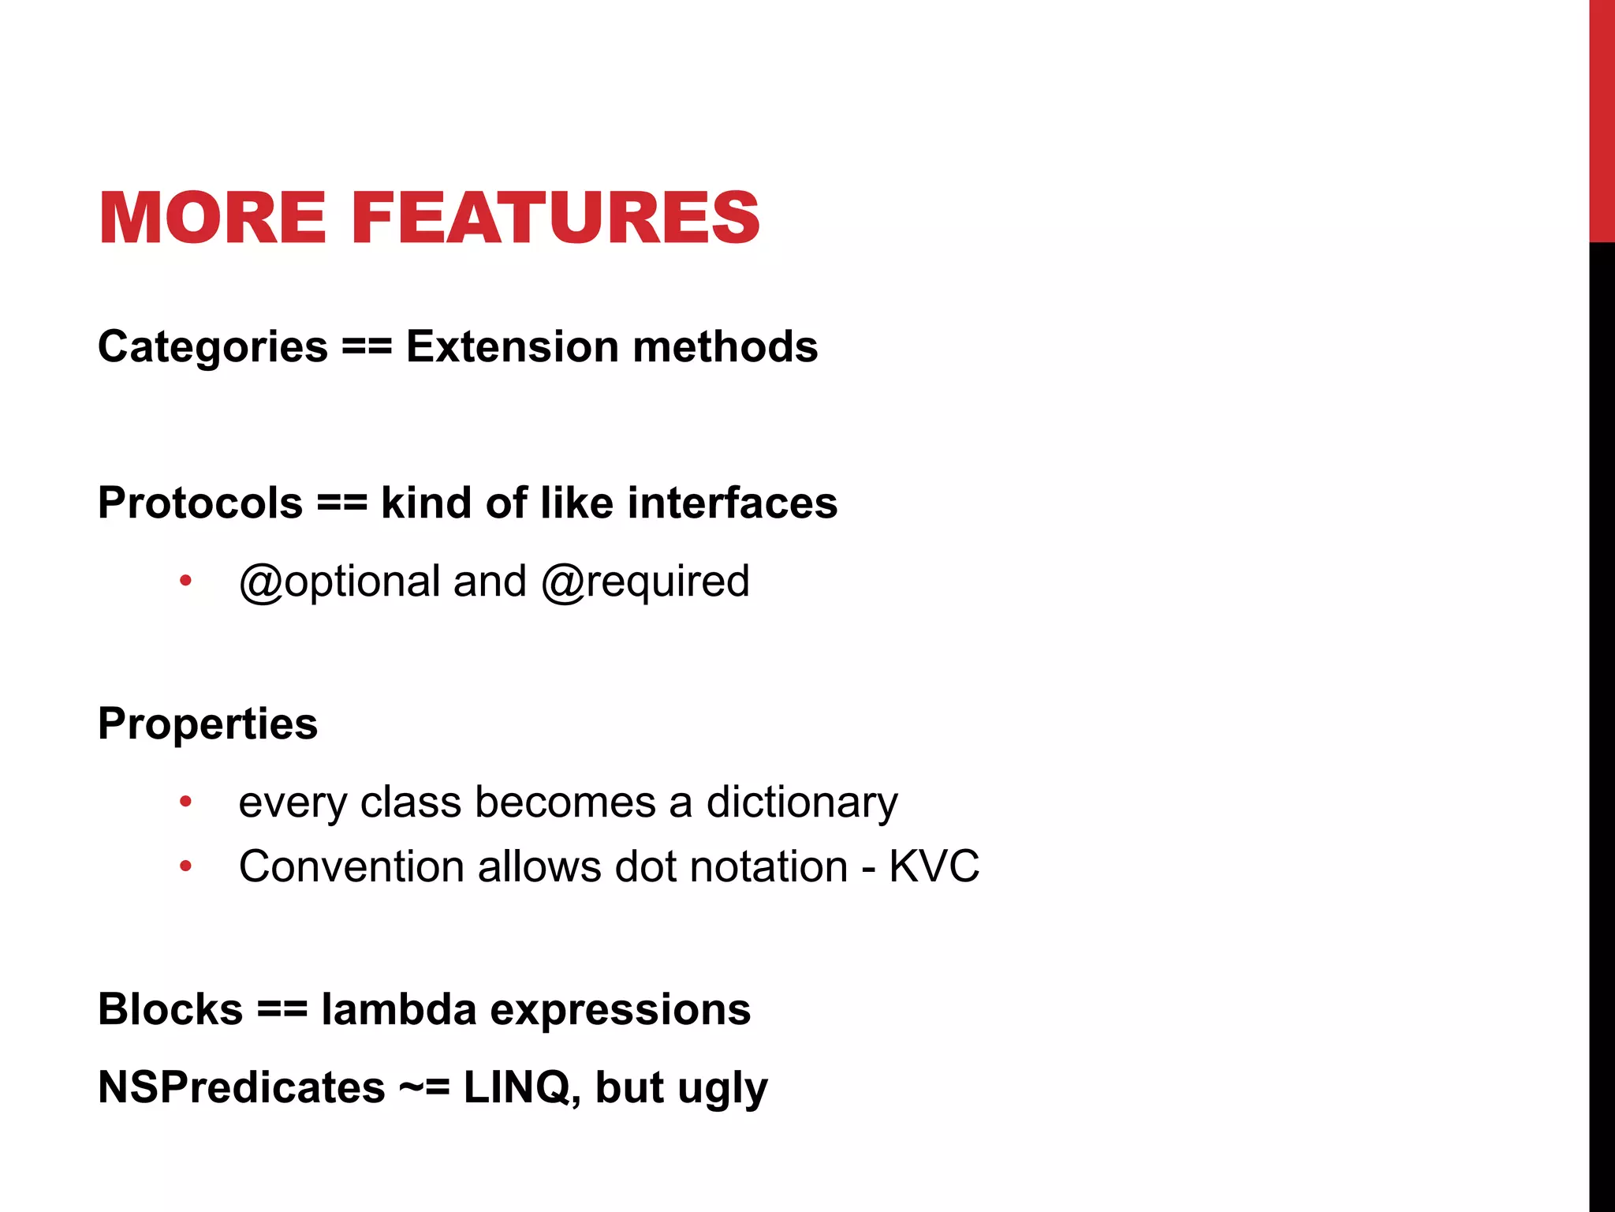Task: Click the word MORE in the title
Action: point(212,219)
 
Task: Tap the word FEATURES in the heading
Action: point(555,219)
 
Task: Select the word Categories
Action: point(212,347)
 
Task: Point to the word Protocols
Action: point(200,503)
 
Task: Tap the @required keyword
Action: point(645,582)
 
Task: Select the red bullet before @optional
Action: point(185,582)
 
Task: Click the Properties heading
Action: point(207,724)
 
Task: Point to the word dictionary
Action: point(801,802)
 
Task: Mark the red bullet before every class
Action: point(185,802)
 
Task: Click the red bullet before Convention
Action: point(185,866)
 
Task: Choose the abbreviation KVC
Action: point(934,866)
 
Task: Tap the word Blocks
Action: point(170,1009)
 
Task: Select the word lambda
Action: point(398,1009)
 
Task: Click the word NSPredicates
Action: point(241,1087)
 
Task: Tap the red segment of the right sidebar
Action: point(1602,118)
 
